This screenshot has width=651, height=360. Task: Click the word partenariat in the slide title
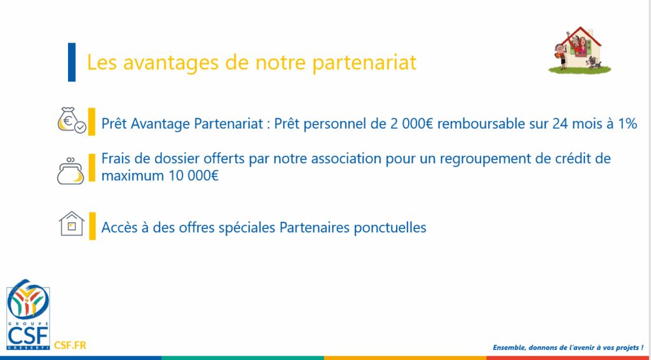[364, 63]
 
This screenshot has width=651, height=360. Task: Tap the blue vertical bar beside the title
[72, 62]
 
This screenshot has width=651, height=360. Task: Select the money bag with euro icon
[71, 121]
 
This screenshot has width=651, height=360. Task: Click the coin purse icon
[71, 170]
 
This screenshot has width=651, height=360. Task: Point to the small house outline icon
[72, 223]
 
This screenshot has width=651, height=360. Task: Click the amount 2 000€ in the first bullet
[412, 124]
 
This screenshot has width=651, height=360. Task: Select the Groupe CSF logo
[28, 315]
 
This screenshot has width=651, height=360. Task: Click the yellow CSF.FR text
[70, 345]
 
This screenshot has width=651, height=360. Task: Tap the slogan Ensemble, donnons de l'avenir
[568, 347]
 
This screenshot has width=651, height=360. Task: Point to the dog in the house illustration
[594, 63]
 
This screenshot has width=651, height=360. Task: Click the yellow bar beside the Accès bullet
[92, 226]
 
